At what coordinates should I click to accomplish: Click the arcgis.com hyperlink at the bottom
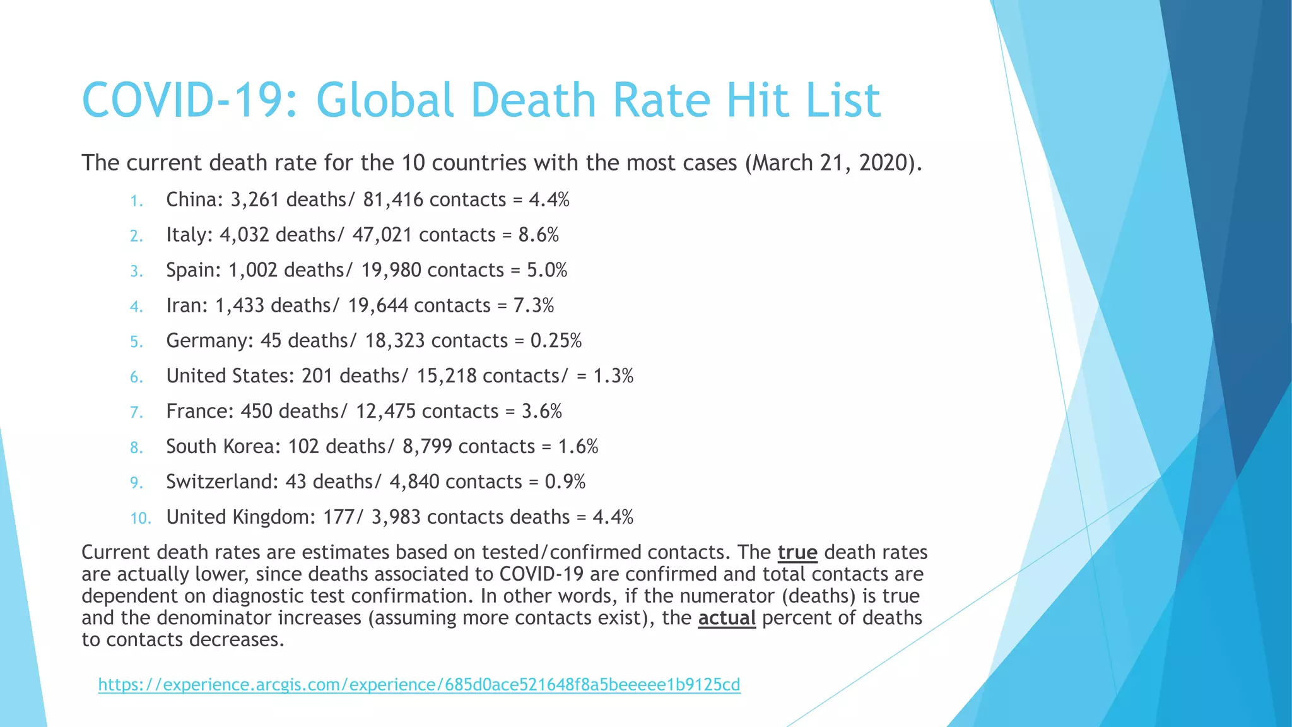tap(419, 685)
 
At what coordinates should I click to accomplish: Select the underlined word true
tap(797, 553)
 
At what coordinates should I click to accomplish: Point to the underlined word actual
tap(727, 618)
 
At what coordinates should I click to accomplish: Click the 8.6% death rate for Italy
tap(538, 235)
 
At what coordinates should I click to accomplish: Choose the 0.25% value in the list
tap(556, 341)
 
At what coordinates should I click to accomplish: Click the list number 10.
tap(141, 519)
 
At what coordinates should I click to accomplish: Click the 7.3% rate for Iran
tap(533, 306)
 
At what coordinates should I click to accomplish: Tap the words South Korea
tap(223, 447)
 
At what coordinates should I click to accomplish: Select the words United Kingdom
tap(240, 517)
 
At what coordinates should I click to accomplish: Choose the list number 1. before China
tap(137, 201)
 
